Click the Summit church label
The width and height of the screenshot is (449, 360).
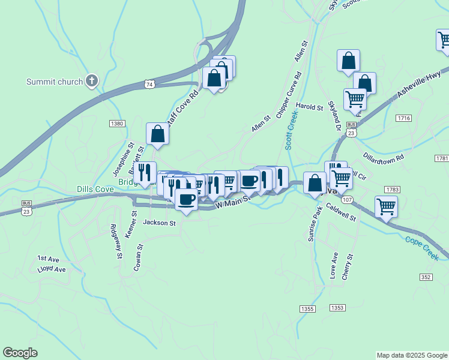pyautogui.click(x=54, y=82)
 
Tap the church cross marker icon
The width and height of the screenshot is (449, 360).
pyautogui.click(x=92, y=81)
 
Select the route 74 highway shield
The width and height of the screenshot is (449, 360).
pyautogui.click(x=149, y=85)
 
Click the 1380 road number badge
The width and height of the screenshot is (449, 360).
pyautogui.click(x=117, y=124)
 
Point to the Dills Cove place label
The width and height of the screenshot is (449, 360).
pyautogui.click(x=95, y=188)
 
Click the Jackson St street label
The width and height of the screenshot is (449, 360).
pyautogui.click(x=159, y=223)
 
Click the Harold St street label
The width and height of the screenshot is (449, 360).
pyautogui.click(x=310, y=107)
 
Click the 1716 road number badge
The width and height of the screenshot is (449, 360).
pyautogui.click(x=403, y=118)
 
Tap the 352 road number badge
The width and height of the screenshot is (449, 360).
pyautogui.click(x=426, y=277)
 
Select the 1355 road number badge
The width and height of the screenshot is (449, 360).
pyautogui.click(x=307, y=308)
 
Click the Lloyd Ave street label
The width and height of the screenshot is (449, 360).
pyautogui.click(x=51, y=269)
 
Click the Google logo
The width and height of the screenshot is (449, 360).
pyautogui.click(x=20, y=353)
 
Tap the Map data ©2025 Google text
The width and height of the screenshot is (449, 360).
pyautogui.click(x=411, y=355)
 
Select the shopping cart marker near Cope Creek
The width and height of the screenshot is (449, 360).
pyautogui.click(x=386, y=208)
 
